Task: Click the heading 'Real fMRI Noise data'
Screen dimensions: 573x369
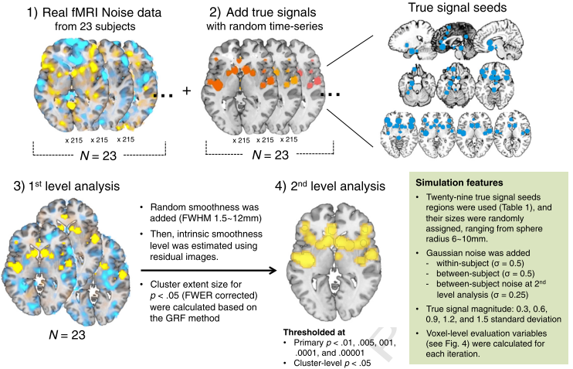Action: click(x=102, y=12)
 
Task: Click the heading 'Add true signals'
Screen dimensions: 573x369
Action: click(x=271, y=12)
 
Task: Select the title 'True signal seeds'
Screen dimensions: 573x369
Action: click(x=457, y=7)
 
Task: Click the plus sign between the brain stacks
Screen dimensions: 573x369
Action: click(x=187, y=91)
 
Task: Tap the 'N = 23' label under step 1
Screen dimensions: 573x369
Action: click(x=98, y=155)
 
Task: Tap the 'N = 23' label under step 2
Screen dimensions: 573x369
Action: click(x=270, y=155)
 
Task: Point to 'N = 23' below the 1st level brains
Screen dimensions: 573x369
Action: click(x=67, y=335)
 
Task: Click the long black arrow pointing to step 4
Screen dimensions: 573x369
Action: click(x=209, y=271)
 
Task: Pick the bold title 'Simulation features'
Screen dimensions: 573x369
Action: click(x=459, y=183)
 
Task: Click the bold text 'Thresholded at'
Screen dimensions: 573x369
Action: click(x=314, y=333)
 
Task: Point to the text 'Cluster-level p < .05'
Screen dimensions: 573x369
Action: click(x=332, y=363)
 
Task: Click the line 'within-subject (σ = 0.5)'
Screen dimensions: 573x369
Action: click(x=480, y=263)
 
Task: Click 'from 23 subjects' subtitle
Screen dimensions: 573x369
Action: click(x=95, y=27)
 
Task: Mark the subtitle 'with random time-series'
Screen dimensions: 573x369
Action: click(x=265, y=26)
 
